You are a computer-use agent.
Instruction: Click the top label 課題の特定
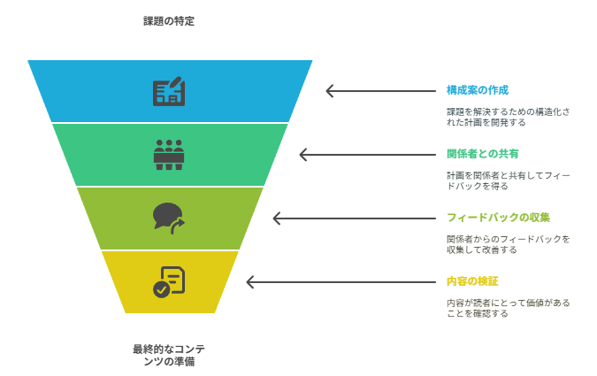pyautogui.click(x=169, y=21)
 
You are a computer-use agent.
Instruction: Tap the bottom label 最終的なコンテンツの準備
pyautogui.click(x=169, y=355)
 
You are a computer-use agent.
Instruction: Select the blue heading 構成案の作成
pyautogui.click(x=478, y=90)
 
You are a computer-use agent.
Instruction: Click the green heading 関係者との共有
pyautogui.click(x=482, y=154)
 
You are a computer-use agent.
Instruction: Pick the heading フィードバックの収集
pyautogui.click(x=498, y=218)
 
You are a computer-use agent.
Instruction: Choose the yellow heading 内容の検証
pyautogui.click(x=472, y=281)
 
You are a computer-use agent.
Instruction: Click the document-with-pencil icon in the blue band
pyautogui.click(x=169, y=91)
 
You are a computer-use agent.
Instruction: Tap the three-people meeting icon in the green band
pyautogui.click(x=169, y=155)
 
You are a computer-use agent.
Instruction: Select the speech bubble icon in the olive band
pyautogui.click(x=169, y=219)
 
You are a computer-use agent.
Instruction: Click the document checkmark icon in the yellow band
pyautogui.click(x=169, y=282)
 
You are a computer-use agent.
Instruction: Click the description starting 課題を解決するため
pyautogui.click(x=509, y=117)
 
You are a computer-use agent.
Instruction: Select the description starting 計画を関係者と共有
pyautogui.click(x=509, y=180)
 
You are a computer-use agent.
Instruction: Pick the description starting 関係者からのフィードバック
pyautogui.click(x=509, y=244)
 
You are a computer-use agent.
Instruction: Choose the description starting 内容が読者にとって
pyautogui.click(x=509, y=308)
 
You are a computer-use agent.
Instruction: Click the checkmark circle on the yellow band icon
pyautogui.click(x=162, y=290)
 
